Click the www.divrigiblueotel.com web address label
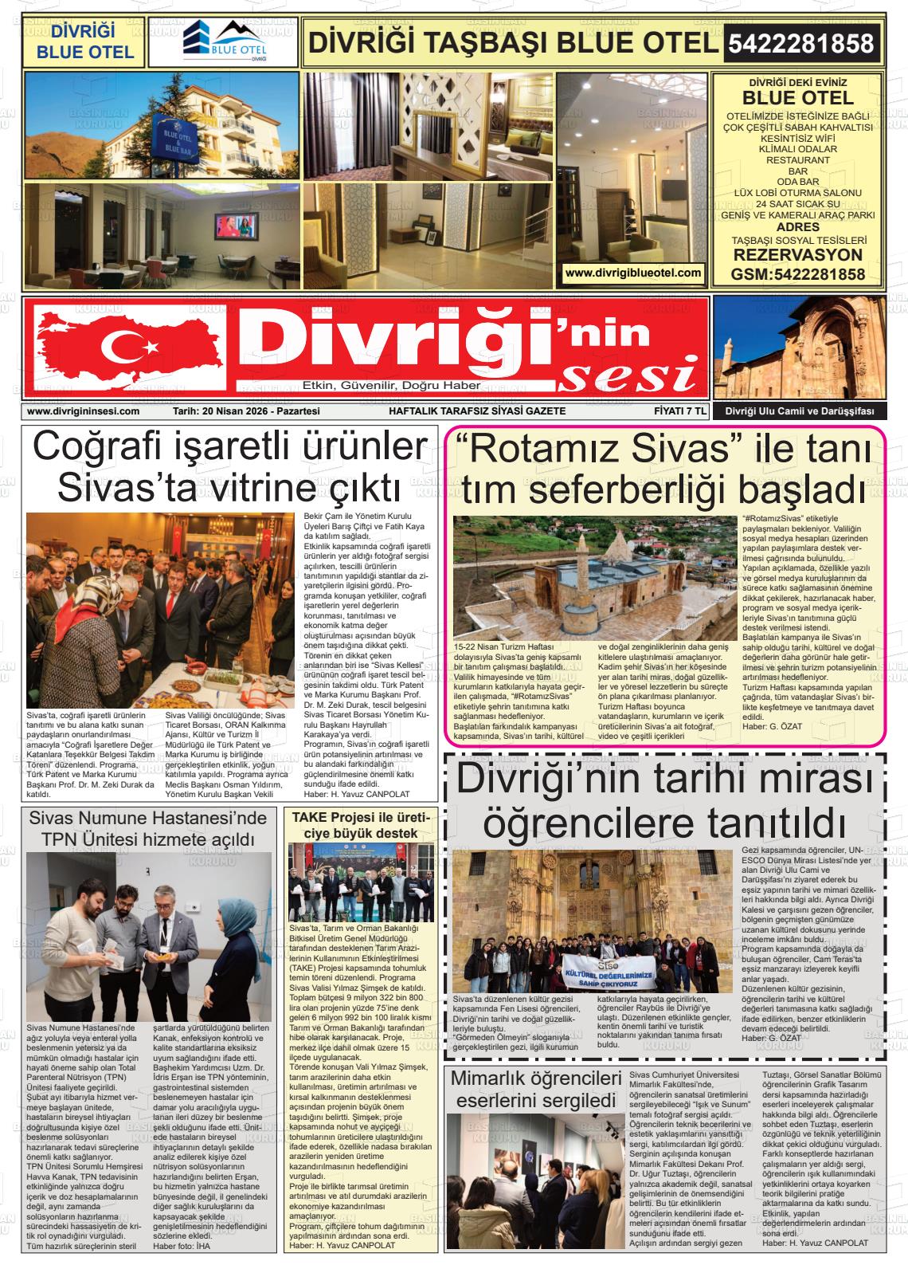tap(633, 273)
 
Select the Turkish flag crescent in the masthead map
tap(120, 344)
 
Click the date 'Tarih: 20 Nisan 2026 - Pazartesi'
tap(246, 411)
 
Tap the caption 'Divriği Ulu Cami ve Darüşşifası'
tap(799, 411)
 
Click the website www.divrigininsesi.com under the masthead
tap(83, 411)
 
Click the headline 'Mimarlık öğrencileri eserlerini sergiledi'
tap(535, 1090)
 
